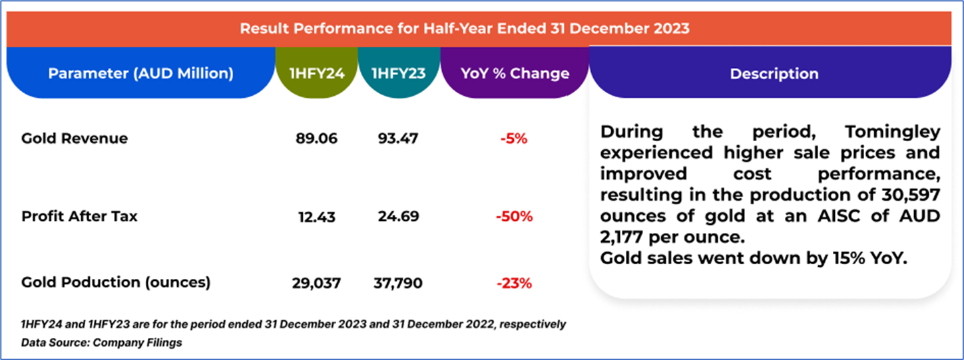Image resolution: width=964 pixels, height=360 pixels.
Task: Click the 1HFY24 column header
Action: [x=317, y=73]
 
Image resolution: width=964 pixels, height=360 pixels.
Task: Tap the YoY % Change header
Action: [x=515, y=73]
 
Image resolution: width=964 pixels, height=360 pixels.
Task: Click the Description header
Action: [x=774, y=74]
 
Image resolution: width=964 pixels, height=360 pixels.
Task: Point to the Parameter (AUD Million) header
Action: [x=140, y=73]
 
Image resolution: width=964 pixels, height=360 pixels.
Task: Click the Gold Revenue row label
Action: [x=75, y=138]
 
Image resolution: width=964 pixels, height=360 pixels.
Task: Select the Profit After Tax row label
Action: [x=79, y=216]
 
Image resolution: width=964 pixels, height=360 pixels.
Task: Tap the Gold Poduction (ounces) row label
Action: [x=116, y=282]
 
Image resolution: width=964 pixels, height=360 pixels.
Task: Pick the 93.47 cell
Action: [x=398, y=138]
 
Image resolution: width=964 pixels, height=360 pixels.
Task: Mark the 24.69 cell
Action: [x=398, y=216]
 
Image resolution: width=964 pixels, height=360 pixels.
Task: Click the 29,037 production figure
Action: [x=316, y=283]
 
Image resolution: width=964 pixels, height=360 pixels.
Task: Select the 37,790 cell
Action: [x=397, y=283]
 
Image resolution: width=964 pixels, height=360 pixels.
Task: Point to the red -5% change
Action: [x=513, y=139]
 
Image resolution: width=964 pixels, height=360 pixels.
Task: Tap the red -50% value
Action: [x=513, y=217]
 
